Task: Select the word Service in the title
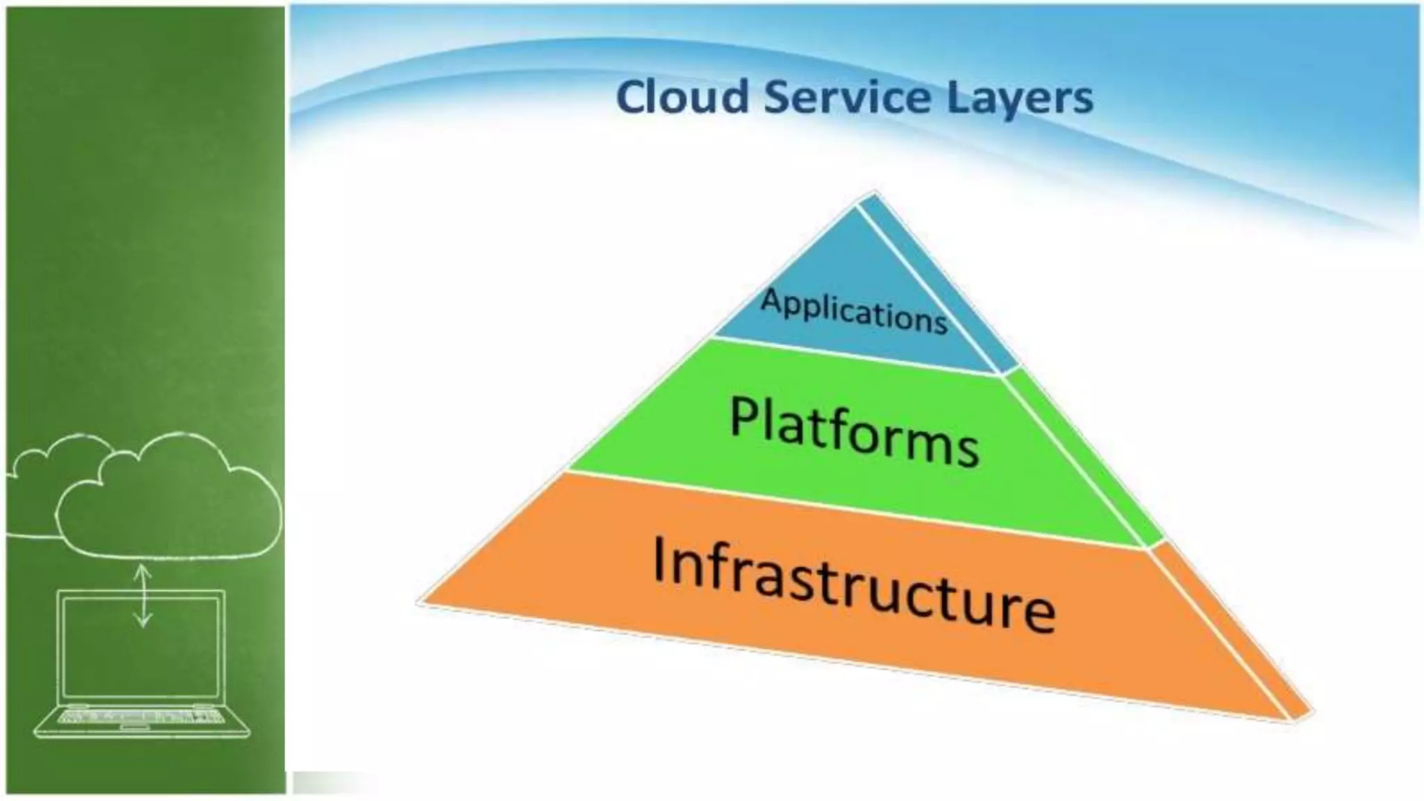tap(847, 97)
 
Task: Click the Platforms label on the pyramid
tap(854, 431)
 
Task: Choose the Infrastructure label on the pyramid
tap(854, 584)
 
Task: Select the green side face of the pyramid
tap(1085, 459)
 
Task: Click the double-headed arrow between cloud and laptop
tap(143, 595)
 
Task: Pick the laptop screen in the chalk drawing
tap(143, 647)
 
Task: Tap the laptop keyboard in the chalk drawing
tap(143, 716)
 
